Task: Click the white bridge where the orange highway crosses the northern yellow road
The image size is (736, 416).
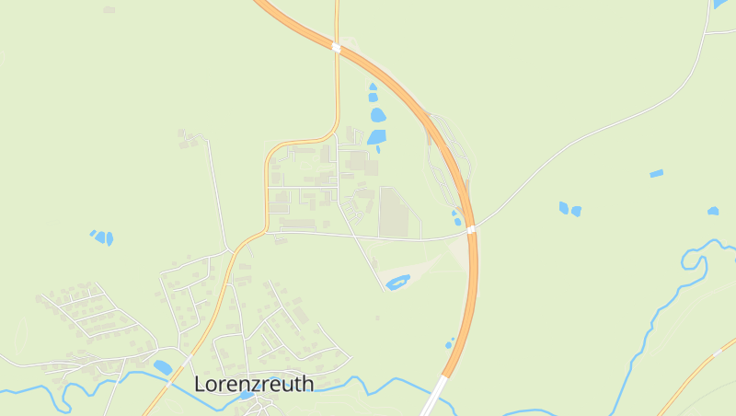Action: tap(336, 47)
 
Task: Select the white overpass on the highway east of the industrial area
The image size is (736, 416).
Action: tap(470, 228)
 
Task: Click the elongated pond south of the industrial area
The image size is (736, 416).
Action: tap(397, 282)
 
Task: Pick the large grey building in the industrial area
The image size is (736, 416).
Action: tap(393, 212)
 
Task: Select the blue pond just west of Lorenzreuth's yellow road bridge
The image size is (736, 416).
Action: tap(163, 367)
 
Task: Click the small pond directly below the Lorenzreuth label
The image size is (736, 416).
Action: tap(247, 396)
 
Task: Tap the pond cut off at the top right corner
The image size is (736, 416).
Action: tap(719, 4)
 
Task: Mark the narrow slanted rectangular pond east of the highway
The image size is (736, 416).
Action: tap(656, 173)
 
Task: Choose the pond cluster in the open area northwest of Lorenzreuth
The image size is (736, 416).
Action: tap(102, 237)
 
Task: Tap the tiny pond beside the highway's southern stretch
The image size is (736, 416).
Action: tap(450, 344)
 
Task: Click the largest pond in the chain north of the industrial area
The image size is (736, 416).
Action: tap(377, 116)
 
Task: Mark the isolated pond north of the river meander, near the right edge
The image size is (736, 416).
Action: tap(713, 211)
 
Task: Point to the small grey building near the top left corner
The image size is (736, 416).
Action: tap(109, 9)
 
